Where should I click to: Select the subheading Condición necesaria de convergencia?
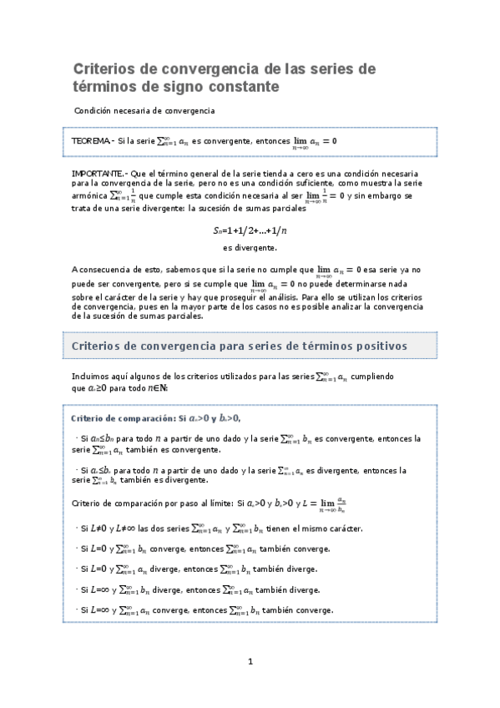tap(144, 110)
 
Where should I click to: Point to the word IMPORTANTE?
tap(97, 172)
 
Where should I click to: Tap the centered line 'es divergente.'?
tap(250, 248)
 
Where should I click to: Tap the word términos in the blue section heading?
tap(296, 344)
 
